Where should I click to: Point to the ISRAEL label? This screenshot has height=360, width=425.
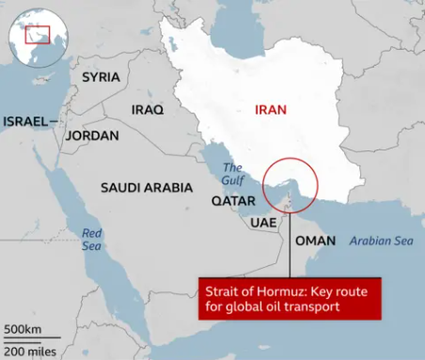coord(25,121)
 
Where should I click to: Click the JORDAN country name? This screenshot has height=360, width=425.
coord(92,135)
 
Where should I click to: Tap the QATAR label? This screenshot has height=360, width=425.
coord(228,199)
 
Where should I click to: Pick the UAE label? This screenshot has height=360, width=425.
coord(262,223)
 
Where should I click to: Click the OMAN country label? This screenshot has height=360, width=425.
coord(314,242)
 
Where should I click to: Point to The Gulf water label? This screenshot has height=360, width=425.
coord(232,174)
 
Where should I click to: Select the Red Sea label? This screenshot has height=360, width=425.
coord(91,239)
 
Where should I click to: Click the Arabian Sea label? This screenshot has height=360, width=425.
coord(381,242)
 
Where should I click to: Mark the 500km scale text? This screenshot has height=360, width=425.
coord(22,330)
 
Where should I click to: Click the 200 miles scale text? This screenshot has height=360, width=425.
coord(29,351)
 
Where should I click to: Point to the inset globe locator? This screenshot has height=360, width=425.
coord(35,35)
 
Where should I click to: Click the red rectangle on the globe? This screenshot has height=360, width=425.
coord(37,36)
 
